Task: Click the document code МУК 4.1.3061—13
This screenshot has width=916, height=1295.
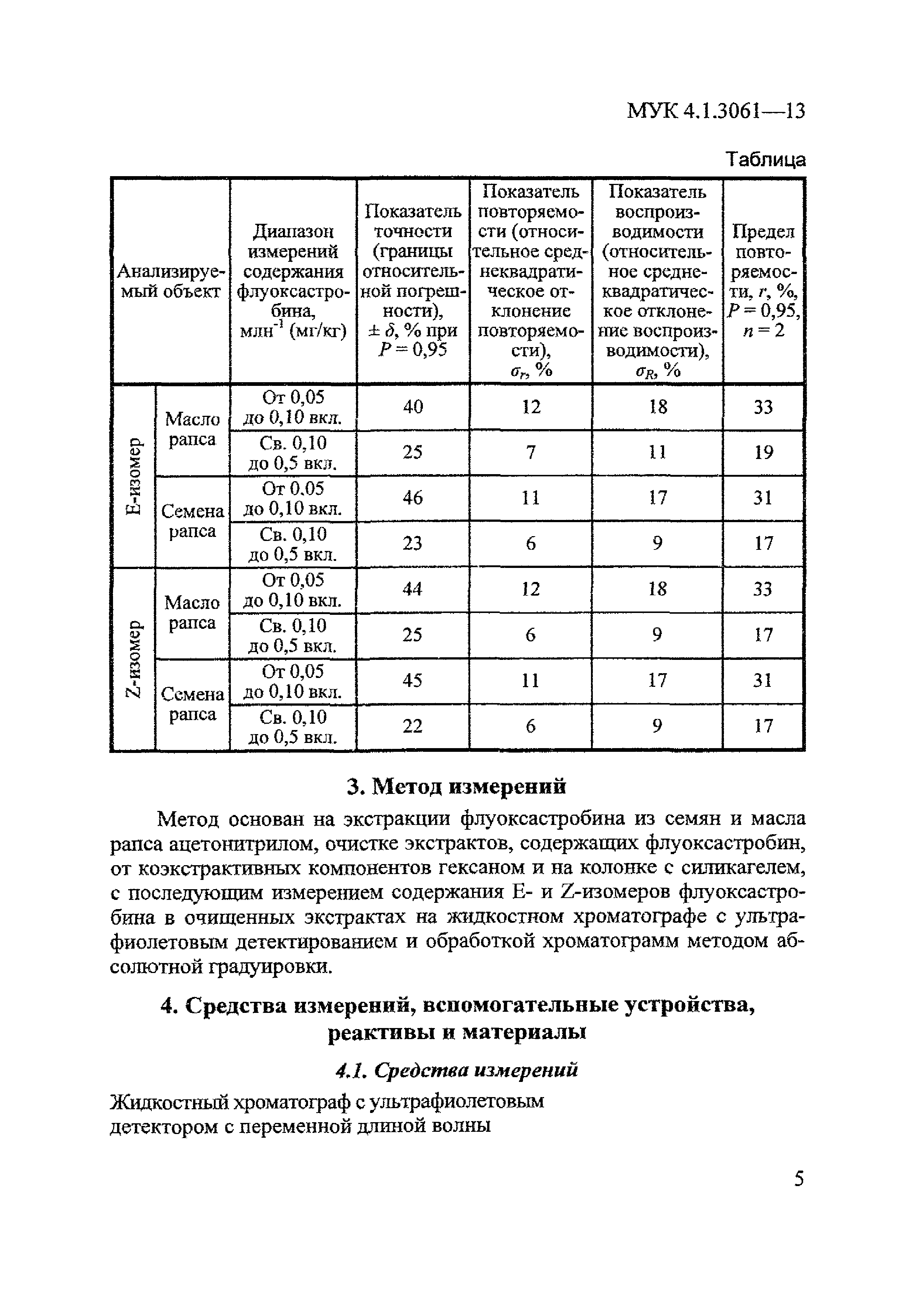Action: [715, 111]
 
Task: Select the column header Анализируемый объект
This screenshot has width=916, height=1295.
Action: [170, 281]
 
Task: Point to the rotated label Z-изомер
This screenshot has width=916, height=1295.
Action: [133, 659]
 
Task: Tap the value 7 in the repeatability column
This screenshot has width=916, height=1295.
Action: [530, 452]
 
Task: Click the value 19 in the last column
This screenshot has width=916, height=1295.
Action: [763, 452]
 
